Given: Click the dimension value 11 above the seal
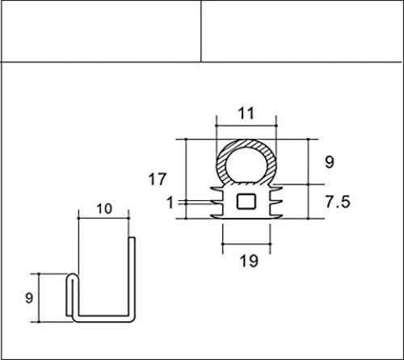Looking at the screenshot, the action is (246, 113).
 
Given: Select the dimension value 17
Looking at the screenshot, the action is (158, 179).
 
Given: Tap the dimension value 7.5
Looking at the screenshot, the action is (338, 202).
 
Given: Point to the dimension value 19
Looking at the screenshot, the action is (249, 261).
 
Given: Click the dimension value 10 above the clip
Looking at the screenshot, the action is (104, 209).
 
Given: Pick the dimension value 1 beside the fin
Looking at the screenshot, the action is (170, 203).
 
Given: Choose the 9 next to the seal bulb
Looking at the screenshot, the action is (330, 161).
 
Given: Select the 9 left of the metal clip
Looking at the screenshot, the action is (29, 298).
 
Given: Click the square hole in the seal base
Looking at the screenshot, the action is (246, 201).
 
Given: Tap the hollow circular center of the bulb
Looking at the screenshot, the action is (246, 165).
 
